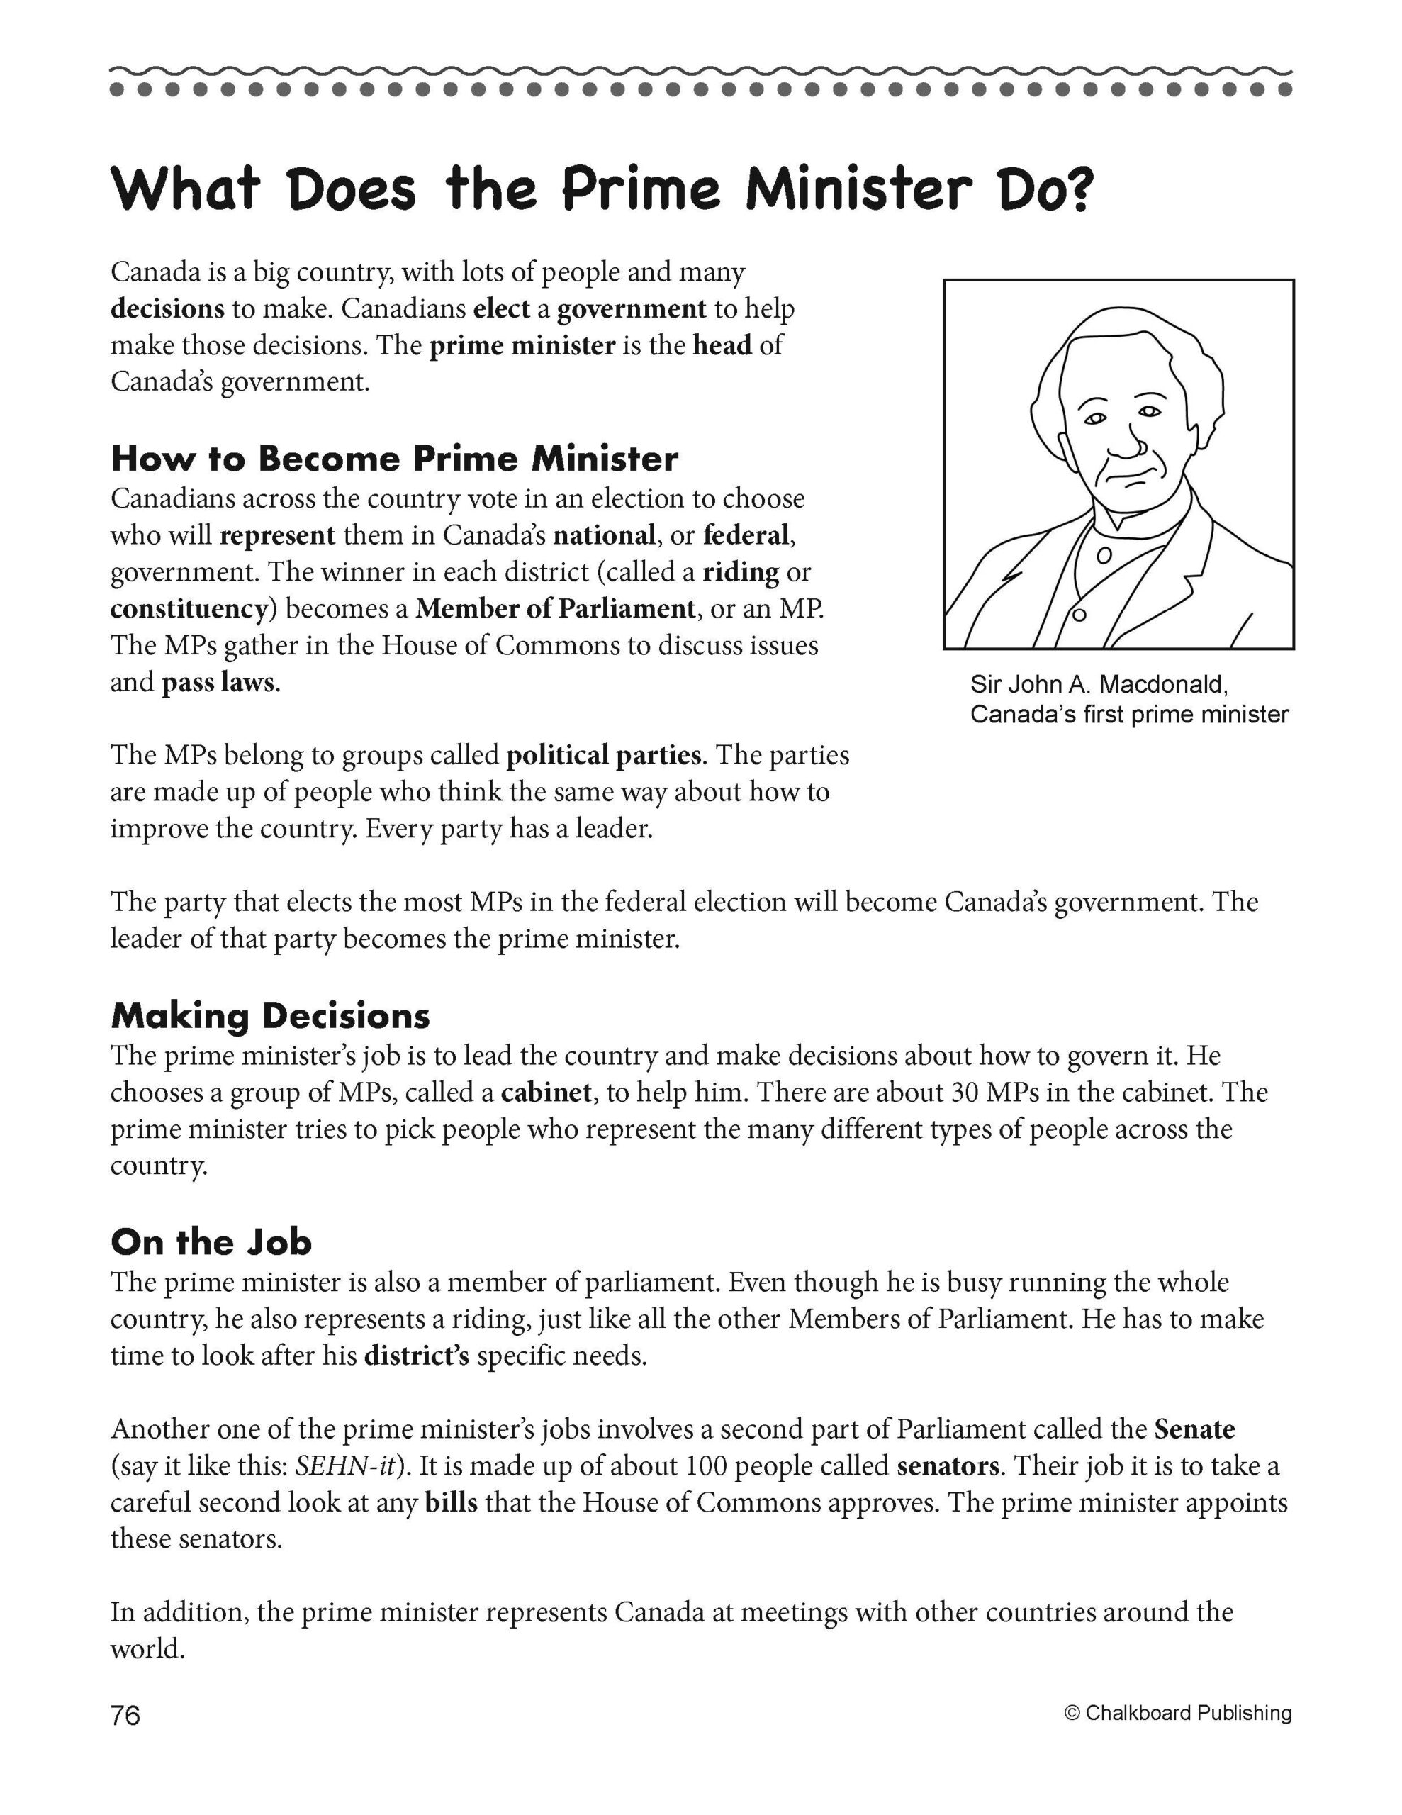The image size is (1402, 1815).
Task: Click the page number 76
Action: pyautogui.click(x=125, y=1715)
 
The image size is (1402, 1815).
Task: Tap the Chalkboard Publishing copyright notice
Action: pyautogui.click(x=1177, y=1713)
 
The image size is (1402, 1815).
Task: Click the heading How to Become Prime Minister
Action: pyautogui.click(x=394, y=459)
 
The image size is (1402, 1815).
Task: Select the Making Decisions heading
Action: pyautogui.click(x=270, y=1015)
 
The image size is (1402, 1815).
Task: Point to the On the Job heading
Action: pyautogui.click(x=211, y=1241)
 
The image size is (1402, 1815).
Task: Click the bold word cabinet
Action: pyautogui.click(x=546, y=1092)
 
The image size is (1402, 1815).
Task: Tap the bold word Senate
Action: pyautogui.click(x=1194, y=1429)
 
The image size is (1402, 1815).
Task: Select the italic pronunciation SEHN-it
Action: pyautogui.click(x=348, y=1466)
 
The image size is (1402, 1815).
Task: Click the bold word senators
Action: pyautogui.click(x=948, y=1466)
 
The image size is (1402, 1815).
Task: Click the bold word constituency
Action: pyautogui.click(x=189, y=609)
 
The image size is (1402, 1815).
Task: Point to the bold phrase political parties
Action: pyautogui.click(x=603, y=754)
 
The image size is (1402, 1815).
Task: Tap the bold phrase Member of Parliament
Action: pyautogui.click(x=555, y=609)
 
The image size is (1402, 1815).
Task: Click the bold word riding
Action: pyautogui.click(x=741, y=571)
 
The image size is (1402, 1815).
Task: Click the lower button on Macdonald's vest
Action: pyautogui.click(x=1079, y=615)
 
